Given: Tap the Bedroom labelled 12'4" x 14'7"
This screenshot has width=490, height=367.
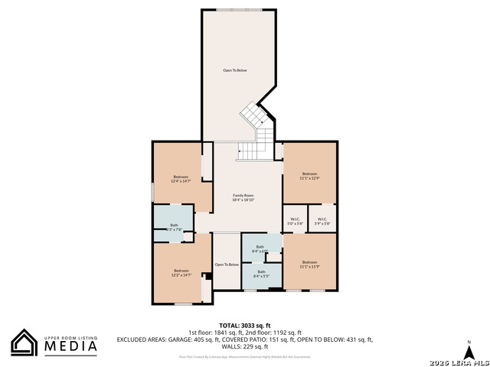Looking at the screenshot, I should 181,179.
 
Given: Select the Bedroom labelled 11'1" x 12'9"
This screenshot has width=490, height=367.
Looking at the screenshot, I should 309,176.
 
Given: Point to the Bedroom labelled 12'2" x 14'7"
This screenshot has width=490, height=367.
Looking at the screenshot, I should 181,271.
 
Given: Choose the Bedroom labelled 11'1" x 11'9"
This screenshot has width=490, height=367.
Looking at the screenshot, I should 309,265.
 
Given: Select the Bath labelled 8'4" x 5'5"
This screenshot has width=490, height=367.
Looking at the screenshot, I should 261,274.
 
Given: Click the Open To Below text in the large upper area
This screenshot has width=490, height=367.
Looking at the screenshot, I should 235,70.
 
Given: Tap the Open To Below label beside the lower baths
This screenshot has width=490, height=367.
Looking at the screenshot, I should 227,265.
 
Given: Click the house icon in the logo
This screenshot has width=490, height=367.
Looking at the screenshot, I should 24,343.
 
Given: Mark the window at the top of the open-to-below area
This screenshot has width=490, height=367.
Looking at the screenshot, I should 237,10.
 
